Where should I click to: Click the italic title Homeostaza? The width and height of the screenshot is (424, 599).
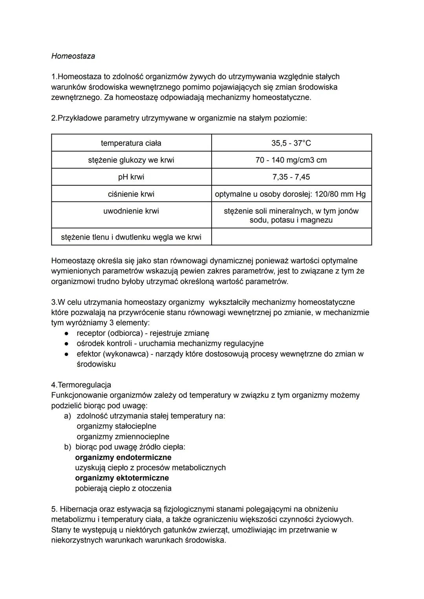click(73, 56)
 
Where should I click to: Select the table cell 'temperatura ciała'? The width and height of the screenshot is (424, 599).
click(131, 143)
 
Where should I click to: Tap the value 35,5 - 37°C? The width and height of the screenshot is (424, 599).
click(291, 143)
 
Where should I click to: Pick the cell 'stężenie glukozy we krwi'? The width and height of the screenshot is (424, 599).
click(131, 160)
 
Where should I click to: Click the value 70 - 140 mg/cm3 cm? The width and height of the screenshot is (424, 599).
click(291, 160)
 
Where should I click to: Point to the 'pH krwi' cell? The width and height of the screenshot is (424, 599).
click(131, 177)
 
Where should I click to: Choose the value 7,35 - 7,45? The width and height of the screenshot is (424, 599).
click(291, 177)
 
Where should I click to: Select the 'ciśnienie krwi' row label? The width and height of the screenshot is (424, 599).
click(131, 194)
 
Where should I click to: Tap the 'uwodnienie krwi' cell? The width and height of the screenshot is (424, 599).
click(131, 211)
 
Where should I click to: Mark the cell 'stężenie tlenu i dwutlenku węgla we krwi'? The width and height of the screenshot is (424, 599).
click(131, 237)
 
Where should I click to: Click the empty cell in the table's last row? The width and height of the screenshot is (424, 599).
click(291, 237)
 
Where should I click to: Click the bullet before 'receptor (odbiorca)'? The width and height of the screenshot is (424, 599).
click(67, 333)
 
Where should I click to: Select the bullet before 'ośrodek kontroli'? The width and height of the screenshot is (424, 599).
click(67, 344)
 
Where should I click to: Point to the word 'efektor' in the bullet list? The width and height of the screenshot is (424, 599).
click(89, 354)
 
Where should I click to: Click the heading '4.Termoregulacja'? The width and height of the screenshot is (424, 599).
click(81, 385)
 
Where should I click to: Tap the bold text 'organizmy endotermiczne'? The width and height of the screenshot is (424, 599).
click(123, 457)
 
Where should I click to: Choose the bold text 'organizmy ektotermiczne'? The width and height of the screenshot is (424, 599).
click(122, 478)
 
